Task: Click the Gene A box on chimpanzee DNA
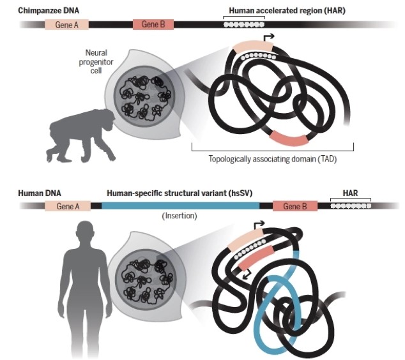(x=66, y=24)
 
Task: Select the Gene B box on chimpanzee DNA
(x=153, y=24)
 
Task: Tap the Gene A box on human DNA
(x=68, y=206)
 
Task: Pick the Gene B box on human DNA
(x=295, y=206)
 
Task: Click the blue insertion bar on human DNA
(x=181, y=206)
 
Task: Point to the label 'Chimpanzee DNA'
(x=49, y=11)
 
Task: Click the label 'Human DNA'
(x=40, y=193)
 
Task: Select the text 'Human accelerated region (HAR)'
(x=287, y=11)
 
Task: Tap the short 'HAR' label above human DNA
(x=350, y=193)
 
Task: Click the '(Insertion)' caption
(x=180, y=216)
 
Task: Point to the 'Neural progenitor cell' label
(x=96, y=62)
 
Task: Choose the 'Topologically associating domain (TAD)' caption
(x=273, y=159)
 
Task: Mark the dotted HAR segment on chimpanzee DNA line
(x=244, y=24)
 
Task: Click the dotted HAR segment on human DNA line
(x=351, y=206)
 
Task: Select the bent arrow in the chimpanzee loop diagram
(x=268, y=38)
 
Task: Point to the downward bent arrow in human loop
(x=247, y=274)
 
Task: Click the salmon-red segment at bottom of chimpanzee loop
(x=289, y=139)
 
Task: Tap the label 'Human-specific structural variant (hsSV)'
(x=180, y=193)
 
